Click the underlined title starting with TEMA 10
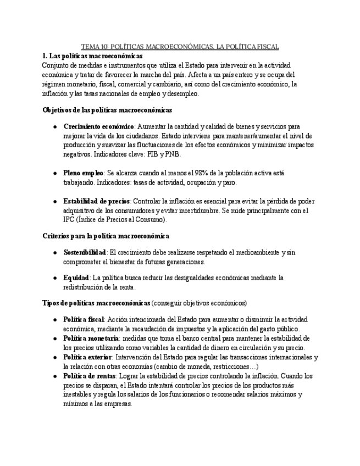(180, 47)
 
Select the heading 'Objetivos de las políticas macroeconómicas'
(107, 110)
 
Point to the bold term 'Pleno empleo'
(83, 173)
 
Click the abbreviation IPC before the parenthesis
(71, 220)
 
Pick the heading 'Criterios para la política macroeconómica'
(106, 236)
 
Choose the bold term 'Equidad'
(76, 278)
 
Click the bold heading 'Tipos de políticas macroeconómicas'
(96, 303)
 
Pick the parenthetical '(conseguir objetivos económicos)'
(199, 303)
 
